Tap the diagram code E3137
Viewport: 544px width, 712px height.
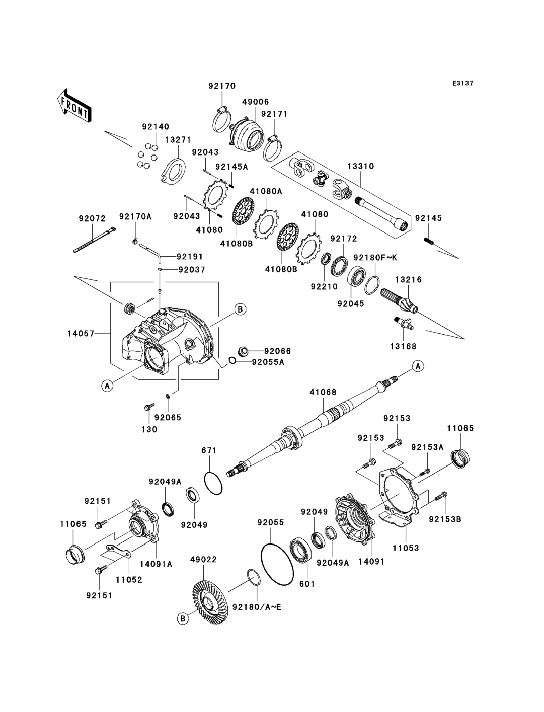click(463, 83)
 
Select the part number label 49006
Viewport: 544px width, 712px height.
click(255, 102)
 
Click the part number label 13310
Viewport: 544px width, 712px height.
click(360, 166)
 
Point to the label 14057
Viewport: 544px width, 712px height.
click(81, 333)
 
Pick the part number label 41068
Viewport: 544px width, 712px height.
click(323, 392)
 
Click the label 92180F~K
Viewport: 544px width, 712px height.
click(375, 258)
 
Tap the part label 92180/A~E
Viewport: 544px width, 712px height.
click(257, 607)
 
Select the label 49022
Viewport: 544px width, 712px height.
click(203, 559)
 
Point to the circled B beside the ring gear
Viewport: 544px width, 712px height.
click(183, 619)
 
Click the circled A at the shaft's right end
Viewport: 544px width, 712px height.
click(418, 366)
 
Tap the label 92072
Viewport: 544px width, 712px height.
click(92, 219)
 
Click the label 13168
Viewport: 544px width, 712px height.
click(403, 346)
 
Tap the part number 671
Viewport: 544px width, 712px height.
click(209, 450)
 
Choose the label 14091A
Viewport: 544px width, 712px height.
click(156, 564)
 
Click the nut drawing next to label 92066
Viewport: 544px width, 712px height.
click(244, 351)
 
